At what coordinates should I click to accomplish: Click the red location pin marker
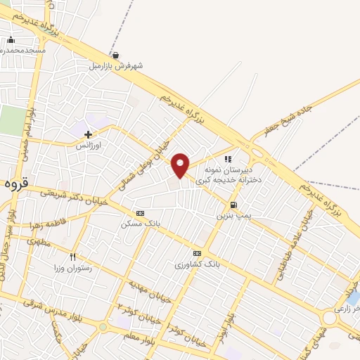click(x=181, y=165)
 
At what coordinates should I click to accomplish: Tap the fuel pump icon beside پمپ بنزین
click(x=232, y=205)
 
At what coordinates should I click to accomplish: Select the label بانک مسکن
click(x=136, y=224)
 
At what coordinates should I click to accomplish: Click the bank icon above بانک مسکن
click(x=140, y=213)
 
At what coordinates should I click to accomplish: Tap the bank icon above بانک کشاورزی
click(x=197, y=254)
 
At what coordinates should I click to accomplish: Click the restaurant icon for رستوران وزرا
click(x=72, y=257)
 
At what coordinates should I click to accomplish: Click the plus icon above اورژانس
click(x=88, y=134)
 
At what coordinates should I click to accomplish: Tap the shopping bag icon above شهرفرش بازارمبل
click(x=115, y=55)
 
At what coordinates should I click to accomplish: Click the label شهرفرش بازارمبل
click(x=115, y=65)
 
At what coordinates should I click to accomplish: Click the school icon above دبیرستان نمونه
click(x=228, y=159)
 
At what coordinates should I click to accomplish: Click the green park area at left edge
click(x=11, y=120)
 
